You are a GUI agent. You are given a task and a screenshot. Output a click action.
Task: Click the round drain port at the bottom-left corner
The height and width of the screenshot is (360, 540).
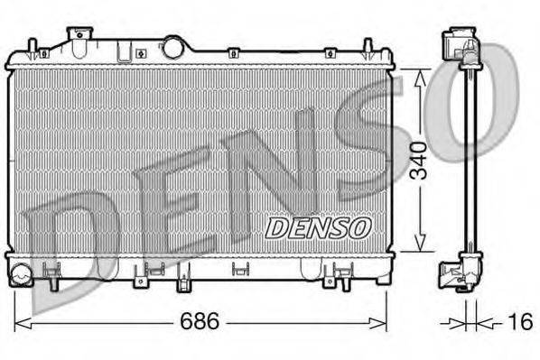22,270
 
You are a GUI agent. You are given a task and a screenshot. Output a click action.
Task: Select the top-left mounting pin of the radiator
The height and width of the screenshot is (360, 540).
33,47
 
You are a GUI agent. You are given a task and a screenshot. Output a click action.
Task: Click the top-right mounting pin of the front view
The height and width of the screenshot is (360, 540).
368,47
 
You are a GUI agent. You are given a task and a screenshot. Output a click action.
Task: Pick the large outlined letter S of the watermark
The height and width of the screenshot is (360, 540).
379,135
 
